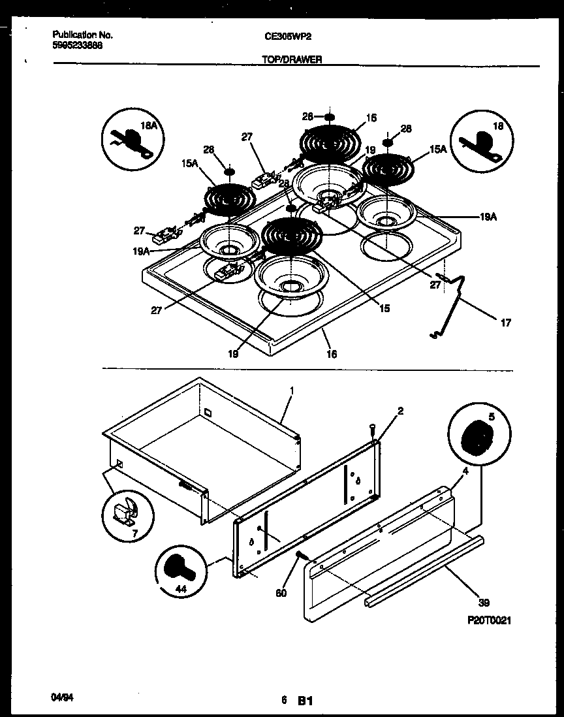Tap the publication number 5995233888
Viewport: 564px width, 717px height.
[x=77, y=46]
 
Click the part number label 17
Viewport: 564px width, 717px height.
[x=506, y=323]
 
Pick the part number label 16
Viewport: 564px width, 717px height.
[x=332, y=353]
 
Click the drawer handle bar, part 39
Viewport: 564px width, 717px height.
[x=424, y=569]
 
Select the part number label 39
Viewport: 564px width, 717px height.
[x=484, y=602]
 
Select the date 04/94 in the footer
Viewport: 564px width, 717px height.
[x=61, y=698]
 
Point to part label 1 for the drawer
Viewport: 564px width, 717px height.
[x=292, y=390]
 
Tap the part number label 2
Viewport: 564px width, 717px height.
[x=400, y=411]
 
